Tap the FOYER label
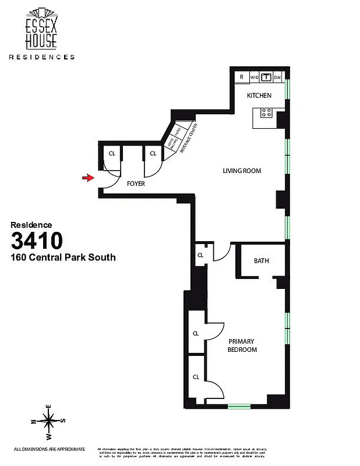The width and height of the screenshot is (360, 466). pos(136,183)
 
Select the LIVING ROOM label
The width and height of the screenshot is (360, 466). pos(242,171)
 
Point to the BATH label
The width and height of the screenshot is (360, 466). pos(262,261)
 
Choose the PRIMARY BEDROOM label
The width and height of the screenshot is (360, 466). pos(242,345)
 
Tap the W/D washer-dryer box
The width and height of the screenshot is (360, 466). pos(254,77)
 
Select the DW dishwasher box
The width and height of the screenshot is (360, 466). pos(278,77)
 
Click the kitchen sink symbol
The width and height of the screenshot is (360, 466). pos(266,76)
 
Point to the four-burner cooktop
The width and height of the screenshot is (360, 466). pos(266,113)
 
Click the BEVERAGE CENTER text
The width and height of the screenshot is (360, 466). pos(190,137)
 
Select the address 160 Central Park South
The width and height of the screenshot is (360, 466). pos(63,257)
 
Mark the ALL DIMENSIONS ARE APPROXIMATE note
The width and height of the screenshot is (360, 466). pos(50,449)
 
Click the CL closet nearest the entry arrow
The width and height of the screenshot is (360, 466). pos(111,154)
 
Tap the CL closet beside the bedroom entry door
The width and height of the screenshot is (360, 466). pos(200,255)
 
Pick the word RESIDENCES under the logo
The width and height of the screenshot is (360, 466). pos(41,57)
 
